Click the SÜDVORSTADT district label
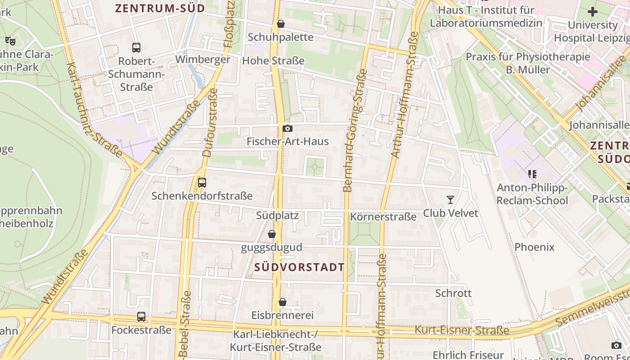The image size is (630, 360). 299,267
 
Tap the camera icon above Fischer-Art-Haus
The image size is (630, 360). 287,129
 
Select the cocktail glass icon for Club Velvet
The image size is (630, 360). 450,199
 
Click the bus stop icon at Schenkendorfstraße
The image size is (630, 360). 202,183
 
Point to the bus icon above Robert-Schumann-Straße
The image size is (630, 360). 136,47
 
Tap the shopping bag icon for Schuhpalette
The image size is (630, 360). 281,24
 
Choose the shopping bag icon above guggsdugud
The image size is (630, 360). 272,234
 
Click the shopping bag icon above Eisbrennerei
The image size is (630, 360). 282,302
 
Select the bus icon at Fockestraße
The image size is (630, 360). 141,317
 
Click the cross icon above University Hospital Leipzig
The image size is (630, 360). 592,12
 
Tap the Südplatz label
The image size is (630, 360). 277,215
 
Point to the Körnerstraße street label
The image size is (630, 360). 383,217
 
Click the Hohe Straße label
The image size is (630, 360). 273,60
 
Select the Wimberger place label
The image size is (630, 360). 202,59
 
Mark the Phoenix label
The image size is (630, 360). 534,247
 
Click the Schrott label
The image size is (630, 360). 453,293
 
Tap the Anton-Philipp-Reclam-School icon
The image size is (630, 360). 532,174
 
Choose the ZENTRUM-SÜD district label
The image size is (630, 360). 160,8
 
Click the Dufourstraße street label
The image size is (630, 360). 207,122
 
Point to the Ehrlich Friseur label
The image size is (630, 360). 468,355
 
